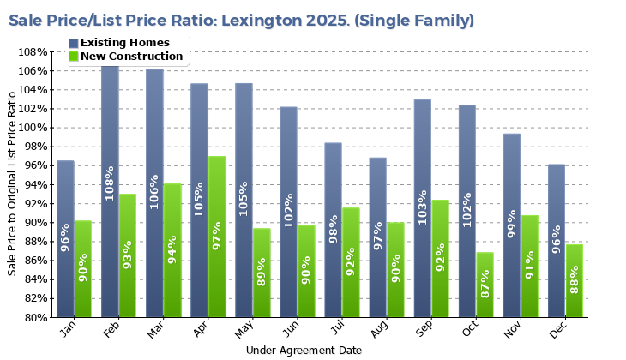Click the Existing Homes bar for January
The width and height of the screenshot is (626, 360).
click(x=65, y=239)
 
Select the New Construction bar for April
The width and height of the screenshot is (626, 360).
click(x=217, y=237)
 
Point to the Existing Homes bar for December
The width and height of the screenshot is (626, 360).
click(x=556, y=241)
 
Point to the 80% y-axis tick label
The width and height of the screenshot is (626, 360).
click(x=35, y=317)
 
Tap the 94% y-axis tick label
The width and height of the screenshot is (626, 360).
click(x=35, y=184)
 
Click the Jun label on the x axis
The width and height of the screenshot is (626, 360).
click(x=291, y=330)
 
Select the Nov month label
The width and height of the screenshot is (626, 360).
click(x=513, y=330)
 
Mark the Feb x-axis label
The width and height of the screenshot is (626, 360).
click(x=112, y=330)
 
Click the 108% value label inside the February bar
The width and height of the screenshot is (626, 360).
click(x=110, y=183)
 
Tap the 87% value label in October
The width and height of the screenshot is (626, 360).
click(x=485, y=282)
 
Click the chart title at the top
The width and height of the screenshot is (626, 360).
click(x=241, y=20)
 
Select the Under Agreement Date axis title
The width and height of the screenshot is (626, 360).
click(x=304, y=351)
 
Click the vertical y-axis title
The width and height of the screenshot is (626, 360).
click(x=12, y=185)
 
